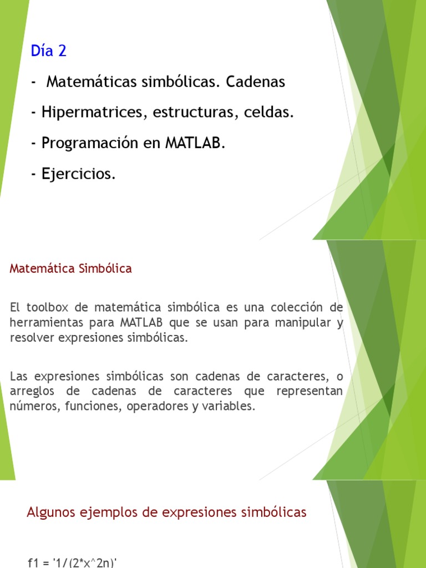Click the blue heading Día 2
point(49,50)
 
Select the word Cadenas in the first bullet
point(255,82)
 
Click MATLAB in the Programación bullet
point(195,143)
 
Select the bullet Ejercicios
point(74,174)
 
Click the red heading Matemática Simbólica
point(70,268)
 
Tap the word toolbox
point(47,307)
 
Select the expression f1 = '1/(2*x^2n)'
point(72,562)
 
